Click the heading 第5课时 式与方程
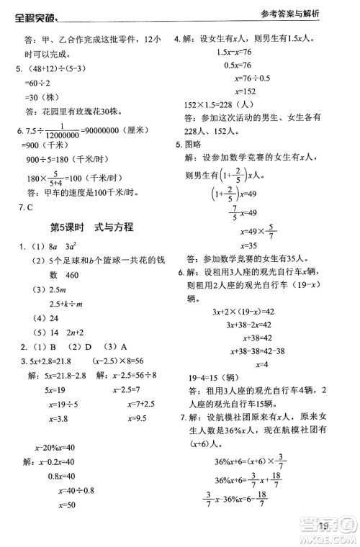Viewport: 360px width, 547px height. [91, 228]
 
